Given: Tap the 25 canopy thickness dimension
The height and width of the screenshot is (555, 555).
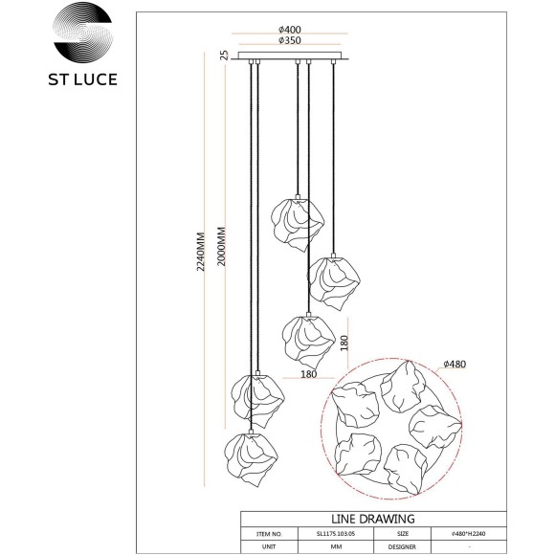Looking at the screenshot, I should point(224,55).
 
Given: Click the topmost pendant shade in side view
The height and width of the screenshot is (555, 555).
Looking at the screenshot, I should point(299,224).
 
